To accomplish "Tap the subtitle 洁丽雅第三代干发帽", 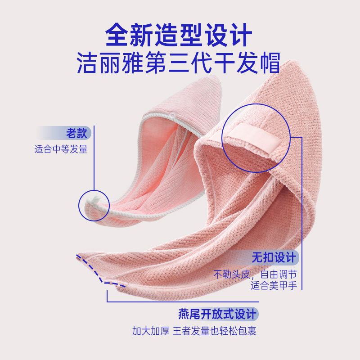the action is coord(179,63).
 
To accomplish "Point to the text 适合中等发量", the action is coord(61,149).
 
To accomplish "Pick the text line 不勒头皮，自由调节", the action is coord(255,274).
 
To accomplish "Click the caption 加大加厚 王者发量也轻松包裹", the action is coord(194,332).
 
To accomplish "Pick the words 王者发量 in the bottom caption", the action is coord(192,332).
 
